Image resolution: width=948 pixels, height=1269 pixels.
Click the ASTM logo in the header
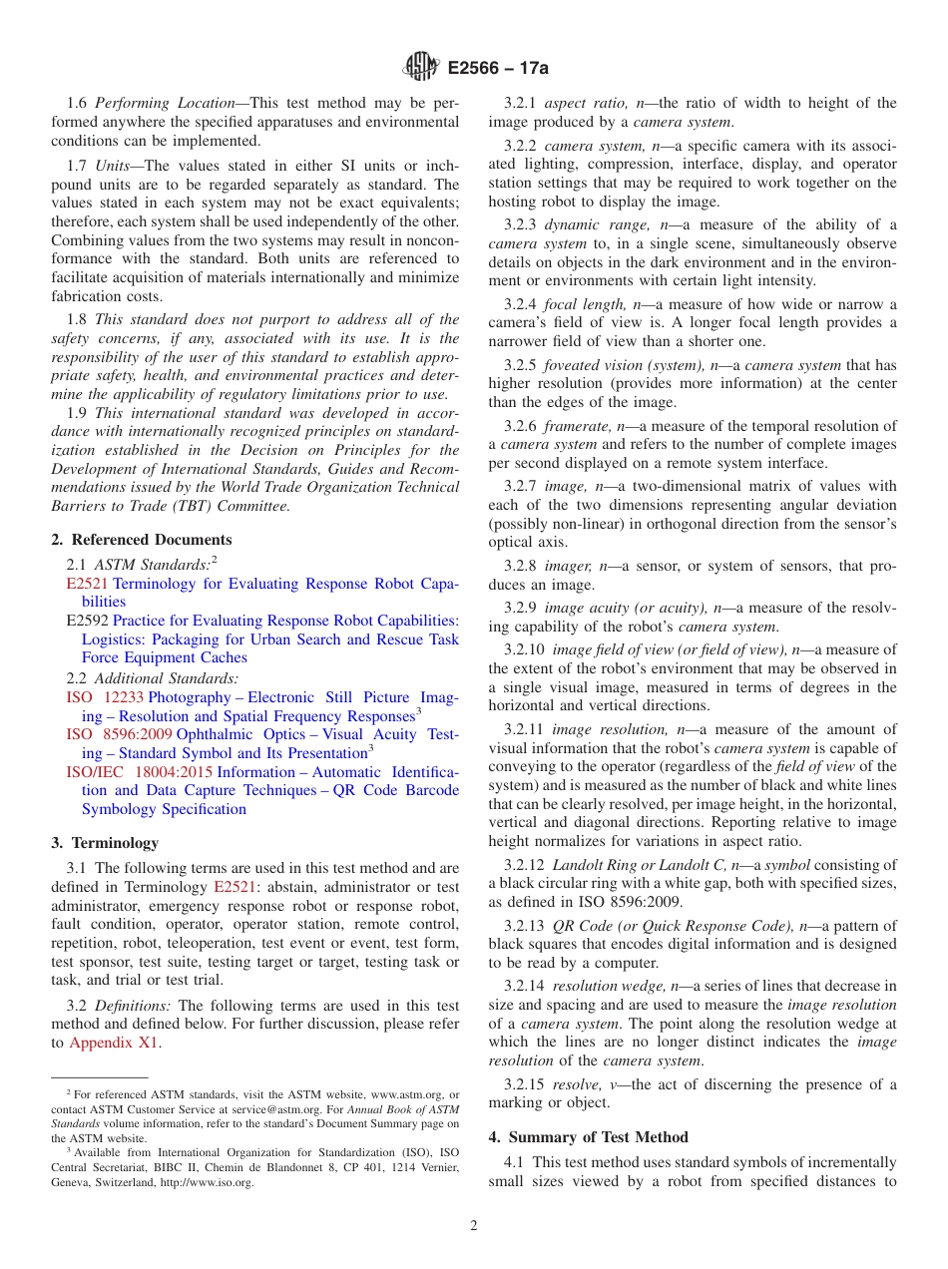click(x=420, y=68)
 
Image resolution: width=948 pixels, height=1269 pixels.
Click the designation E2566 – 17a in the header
click(x=498, y=69)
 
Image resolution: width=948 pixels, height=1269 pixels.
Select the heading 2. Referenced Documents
click(x=141, y=540)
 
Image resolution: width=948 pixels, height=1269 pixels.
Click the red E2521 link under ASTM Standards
click(x=87, y=584)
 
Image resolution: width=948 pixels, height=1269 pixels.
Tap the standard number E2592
click(x=87, y=621)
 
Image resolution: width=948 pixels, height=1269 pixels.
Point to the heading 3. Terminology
click(x=104, y=842)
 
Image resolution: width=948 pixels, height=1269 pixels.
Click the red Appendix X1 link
click(x=114, y=1043)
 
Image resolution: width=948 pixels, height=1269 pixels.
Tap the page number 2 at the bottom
click(x=474, y=1226)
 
